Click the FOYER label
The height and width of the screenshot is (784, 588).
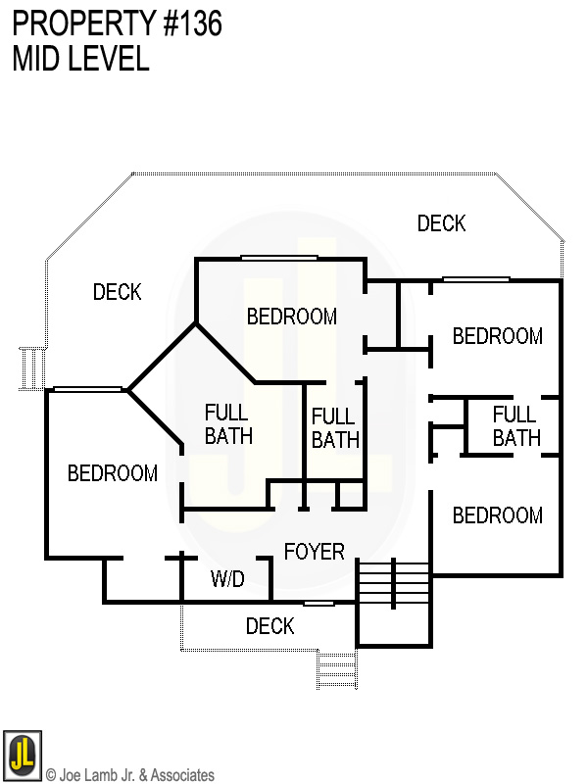[314, 552]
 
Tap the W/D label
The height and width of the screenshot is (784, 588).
[227, 580]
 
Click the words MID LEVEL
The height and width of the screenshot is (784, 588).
[80, 59]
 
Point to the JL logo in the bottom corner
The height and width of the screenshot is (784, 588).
[22, 753]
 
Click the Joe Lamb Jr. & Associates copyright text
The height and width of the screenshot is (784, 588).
[129, 775]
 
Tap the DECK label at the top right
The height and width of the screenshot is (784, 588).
[441, 223]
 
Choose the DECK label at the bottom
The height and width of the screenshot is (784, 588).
[269, 625]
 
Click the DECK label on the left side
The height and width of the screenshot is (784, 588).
[117, 292]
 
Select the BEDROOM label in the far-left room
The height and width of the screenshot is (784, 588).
[112, 473]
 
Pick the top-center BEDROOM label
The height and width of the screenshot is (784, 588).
[291, 317]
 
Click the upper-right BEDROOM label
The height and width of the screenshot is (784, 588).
[497, 336]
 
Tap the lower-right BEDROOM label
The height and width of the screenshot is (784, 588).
[497, 515]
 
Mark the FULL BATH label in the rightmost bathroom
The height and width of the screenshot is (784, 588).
[515, 426]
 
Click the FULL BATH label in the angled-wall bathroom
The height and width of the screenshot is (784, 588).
[228, 424]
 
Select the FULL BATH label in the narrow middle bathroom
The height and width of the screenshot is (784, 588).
[335, 429]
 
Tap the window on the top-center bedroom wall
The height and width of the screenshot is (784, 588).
[279, 258]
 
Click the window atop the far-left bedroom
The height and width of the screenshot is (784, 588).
[88, 389]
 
